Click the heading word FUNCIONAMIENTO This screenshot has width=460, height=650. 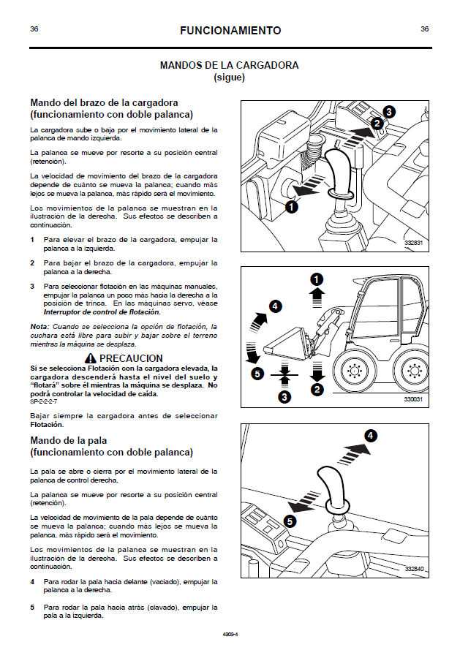tap(230, 31)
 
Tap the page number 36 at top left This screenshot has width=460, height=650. tap(34, 29)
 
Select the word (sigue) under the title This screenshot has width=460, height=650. tap(229, 77)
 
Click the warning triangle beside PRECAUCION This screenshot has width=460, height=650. tap(91, 358)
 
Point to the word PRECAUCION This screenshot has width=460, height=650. tap(131, 358)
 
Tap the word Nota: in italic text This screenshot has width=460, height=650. tap(39, 326)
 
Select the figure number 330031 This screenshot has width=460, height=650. tap(414, 400)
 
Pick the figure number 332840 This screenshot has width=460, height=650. tap(414, 568)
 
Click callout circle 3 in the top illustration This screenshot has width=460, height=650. tap(389, 112)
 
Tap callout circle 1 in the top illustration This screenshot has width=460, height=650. tap(291, 208)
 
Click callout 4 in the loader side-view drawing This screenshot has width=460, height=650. tap(276, 306)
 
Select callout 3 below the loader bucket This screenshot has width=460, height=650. tap(285, 397)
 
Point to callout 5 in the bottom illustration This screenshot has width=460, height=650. tap(290, 521)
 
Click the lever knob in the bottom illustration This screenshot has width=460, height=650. tap(336, 480)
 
